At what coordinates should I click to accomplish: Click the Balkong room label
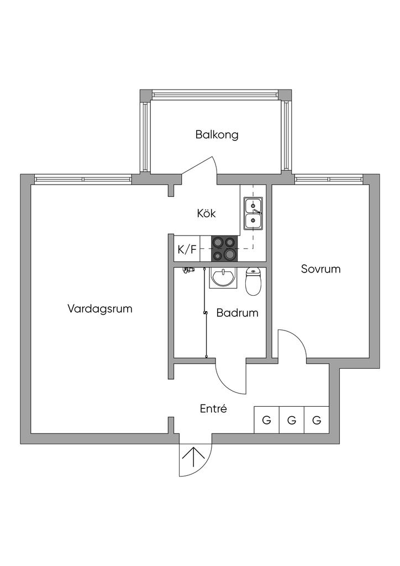[217, 134]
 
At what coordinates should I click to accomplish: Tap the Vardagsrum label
[100, 308]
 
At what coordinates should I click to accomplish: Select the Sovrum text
[320, 269]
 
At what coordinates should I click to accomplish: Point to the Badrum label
[237, 313]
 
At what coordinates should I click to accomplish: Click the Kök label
[206, 213]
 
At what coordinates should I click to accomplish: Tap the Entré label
[213, 409]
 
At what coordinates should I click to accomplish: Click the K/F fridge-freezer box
[187, 249]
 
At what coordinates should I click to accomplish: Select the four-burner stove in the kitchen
[224, 248]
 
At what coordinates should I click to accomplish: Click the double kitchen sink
[253, 213]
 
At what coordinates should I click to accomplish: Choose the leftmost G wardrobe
[266, 421]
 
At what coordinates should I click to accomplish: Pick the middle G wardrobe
[292, 421]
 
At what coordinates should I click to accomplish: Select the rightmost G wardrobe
[317, 421]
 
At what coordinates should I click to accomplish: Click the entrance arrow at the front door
[193, 458]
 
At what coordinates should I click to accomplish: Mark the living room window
[83, 179]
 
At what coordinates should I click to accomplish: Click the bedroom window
[329, 179]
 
